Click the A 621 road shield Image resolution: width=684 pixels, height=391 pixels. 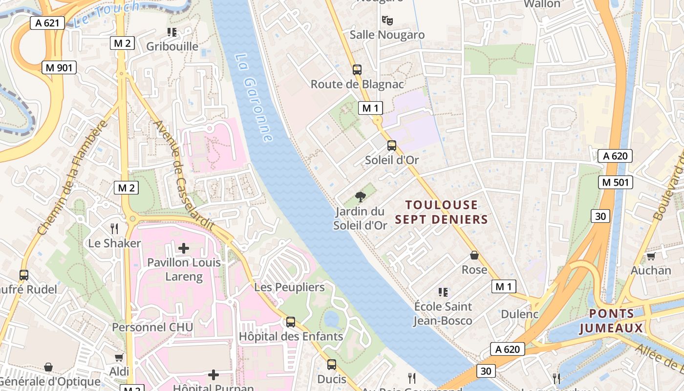[x=47, y=22]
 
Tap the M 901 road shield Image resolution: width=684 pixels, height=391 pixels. [x=59, y=67]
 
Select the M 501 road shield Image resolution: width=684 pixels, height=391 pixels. [x=616, y=182]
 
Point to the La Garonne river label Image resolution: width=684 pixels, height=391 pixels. [x=254, y=98]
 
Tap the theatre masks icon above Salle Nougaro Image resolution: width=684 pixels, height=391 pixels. [x=387, y=20]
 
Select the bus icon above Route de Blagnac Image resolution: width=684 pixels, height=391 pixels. [x=357, y=70]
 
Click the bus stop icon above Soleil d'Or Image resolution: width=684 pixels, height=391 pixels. [x=391, y=146]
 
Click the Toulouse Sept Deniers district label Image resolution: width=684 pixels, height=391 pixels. [x=442, y=212]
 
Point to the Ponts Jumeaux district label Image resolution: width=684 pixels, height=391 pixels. [x=611, y=321]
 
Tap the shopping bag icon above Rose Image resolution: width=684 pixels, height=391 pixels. [x=474, y=255]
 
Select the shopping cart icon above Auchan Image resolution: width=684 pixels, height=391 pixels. [x=651, y=256]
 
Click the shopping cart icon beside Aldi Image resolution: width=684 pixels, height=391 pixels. [x=119, y=357]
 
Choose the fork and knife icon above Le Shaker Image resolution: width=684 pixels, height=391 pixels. [x=114, y=228]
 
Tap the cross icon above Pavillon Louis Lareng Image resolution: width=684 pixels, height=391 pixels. [x=184, y=248]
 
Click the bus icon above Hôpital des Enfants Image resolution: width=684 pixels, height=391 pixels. [x=291, y=322]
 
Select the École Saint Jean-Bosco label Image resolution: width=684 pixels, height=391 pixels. [x=443, y=313]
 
